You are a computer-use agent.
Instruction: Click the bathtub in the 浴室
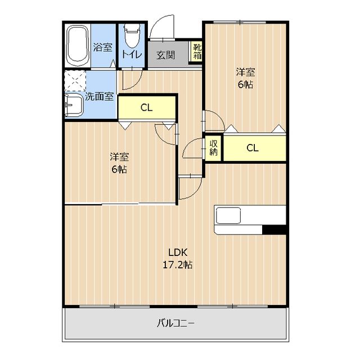(78, 46)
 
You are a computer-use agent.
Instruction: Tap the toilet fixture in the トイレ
(132, 35)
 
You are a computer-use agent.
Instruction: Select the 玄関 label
(166, 55)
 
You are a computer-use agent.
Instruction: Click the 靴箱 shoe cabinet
(197, 51)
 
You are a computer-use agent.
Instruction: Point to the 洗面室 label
(99, 97)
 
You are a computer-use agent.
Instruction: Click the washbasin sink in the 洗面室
(74, 106)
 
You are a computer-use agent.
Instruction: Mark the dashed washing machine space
(75, 81)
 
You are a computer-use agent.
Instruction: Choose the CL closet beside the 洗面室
(146, 107)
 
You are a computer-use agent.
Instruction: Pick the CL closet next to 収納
(255, 148)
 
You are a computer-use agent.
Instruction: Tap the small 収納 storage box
(213, 148)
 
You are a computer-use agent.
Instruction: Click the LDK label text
(178, 253)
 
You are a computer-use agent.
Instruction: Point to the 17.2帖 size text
(178, 265)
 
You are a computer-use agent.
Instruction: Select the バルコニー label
(176, 323)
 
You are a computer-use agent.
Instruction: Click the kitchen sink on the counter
(228, 215)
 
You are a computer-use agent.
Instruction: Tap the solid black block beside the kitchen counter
(274, 229)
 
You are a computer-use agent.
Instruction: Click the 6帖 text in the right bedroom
(245, 84)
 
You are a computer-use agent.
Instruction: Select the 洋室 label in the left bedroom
(119, 157)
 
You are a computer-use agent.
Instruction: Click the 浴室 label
(102, 47)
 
